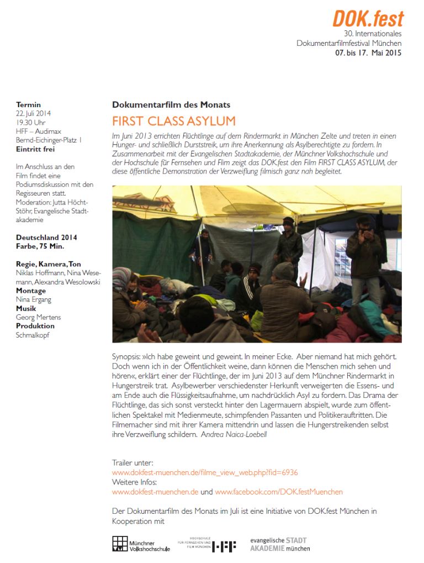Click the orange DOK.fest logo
368,19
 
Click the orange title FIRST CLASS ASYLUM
173,121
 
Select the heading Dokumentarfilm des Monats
171,104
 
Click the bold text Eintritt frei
35,149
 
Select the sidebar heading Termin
28,104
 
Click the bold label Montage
31,291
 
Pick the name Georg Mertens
38,317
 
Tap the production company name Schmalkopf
33,335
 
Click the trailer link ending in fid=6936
205,472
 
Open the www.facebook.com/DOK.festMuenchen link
279,492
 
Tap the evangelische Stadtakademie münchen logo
280,544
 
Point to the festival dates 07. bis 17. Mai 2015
368,53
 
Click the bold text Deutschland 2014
46,238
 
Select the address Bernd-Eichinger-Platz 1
49,140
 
